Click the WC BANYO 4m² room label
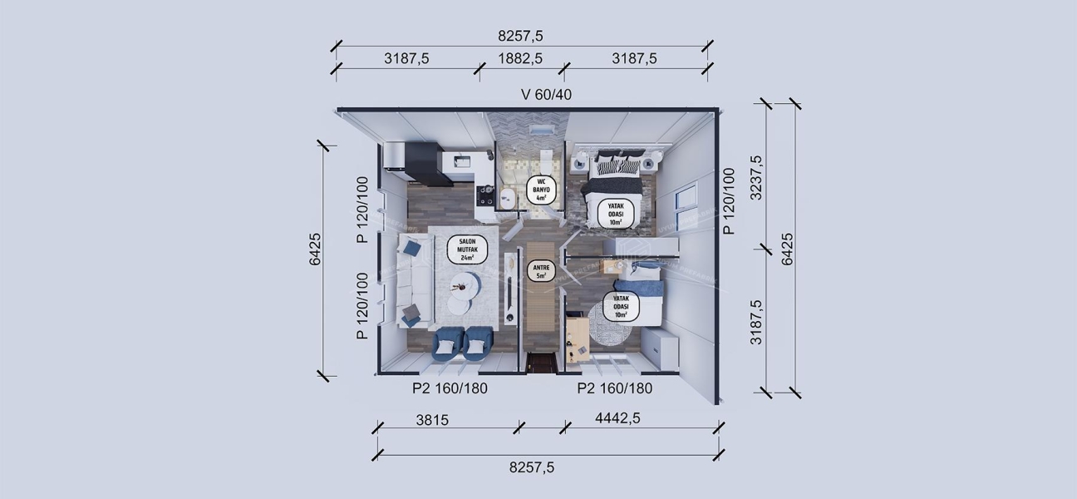(x=541, y=190)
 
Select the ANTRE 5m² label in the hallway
(x=540, y=271)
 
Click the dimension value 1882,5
(x=520, y=58)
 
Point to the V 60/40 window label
(x=546, y=94)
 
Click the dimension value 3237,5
(x=755, y=177)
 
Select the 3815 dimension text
(x=431, y=420)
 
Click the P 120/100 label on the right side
(x=729, y=201)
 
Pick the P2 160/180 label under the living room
(x=450, y=388)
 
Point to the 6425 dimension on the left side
(x=315, y=249)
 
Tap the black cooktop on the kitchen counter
(x=486, y=195)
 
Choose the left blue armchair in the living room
(x=448, y=341)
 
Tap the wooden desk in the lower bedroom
(x=576, y=337)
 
